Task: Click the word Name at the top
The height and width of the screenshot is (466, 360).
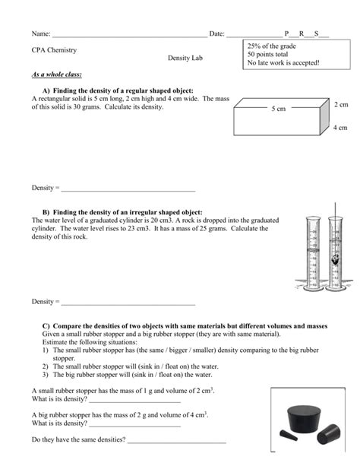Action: [40, 34]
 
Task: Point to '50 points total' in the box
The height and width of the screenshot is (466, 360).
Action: [268, 55]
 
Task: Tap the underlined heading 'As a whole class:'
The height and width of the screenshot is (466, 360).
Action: [56, 74]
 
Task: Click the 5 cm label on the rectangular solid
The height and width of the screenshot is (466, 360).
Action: [278, 109]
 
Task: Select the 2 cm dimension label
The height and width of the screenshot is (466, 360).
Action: [340, 103]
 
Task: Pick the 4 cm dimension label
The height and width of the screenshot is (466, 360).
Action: [340, 128]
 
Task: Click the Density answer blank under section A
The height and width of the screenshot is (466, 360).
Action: [128, 188]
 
